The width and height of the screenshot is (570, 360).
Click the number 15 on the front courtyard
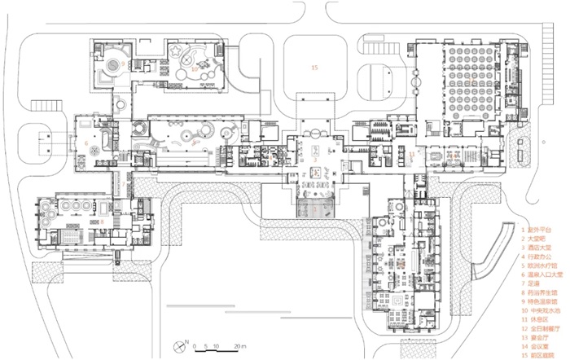[x=313, y=68]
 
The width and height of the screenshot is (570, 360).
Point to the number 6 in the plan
[x=85, y=143]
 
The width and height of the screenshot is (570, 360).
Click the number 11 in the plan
[x=412, y=152]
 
